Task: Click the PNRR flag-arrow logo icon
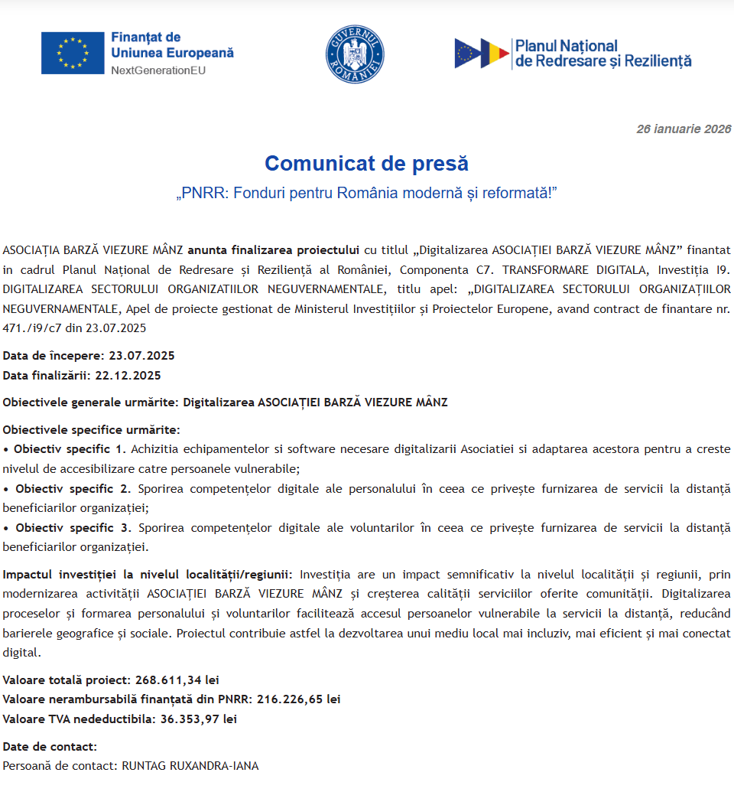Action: [482, 54]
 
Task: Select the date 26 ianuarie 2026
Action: [684, 129]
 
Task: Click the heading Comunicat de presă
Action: [366, 163]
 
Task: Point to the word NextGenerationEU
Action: [158, 70]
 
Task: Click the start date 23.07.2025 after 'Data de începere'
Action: [141, 356]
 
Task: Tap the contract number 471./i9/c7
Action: [34, 328]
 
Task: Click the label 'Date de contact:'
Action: [50, 746]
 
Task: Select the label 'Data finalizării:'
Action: [47, 376]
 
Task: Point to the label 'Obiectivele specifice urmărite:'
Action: [91, 429]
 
